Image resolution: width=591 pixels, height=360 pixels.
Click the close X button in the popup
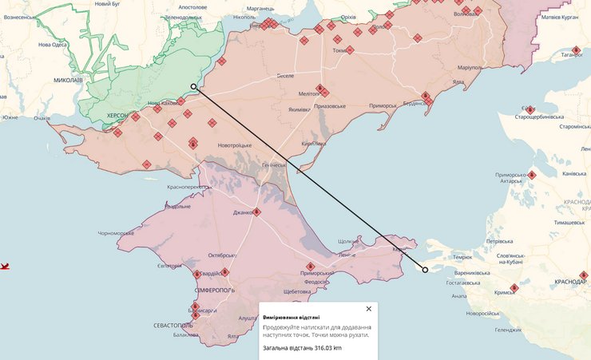click(368, 308)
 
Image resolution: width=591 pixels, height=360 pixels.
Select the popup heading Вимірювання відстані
click(292, 317)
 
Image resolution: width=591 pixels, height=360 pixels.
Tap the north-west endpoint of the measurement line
click(193, 86)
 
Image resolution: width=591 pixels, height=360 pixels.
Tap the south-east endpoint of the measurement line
click(425, 269)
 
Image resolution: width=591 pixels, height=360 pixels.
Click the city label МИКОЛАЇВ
click(57, 81)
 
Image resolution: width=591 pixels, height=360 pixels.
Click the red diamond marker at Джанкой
click(257, 212)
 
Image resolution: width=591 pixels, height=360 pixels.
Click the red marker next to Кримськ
click(515, 287)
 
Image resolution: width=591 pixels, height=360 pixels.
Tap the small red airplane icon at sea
click(4, 265)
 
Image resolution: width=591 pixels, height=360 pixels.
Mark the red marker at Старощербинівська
click(530, 110)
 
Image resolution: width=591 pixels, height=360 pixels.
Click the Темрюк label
click(463, 257)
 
